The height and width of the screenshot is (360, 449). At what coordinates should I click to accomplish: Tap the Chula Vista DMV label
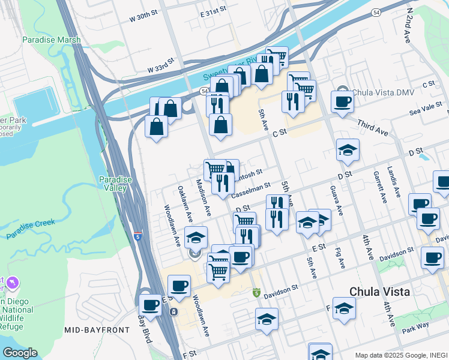(384, 92)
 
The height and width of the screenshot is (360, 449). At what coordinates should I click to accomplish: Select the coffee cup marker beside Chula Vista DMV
(342, 101)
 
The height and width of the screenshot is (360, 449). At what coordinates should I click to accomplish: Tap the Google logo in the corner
(20, 353)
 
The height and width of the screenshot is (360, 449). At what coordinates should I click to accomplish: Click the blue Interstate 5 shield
(139, 237)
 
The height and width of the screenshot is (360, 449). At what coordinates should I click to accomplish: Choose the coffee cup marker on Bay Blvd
(150, 305)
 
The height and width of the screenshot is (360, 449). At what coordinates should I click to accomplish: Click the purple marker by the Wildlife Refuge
(13, 282)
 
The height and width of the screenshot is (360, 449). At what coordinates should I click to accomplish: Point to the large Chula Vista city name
(380, 292)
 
